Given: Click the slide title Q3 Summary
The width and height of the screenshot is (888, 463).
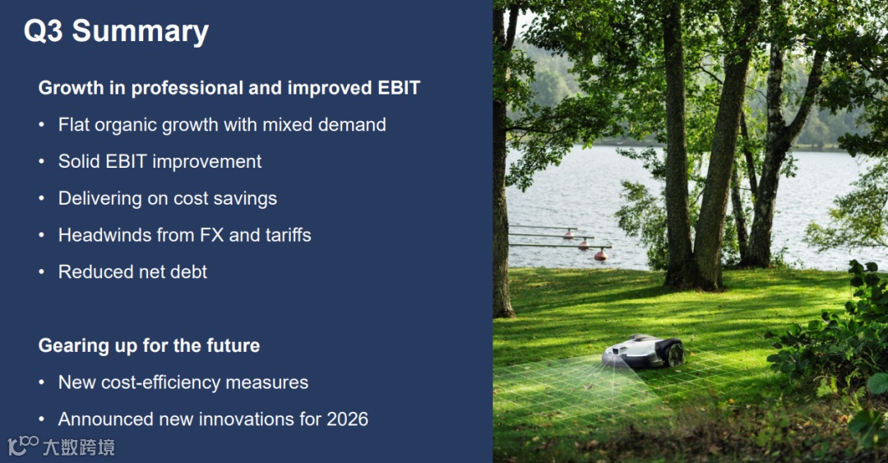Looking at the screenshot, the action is tap(116, 32).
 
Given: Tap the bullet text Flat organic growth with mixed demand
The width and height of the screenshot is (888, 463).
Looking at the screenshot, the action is tap(222, 125).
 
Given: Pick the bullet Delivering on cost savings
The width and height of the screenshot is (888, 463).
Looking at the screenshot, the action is tap(168, 199).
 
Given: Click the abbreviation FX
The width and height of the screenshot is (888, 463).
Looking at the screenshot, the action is tap(212, 235).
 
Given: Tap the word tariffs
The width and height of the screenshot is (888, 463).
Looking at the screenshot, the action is tap(288, 235).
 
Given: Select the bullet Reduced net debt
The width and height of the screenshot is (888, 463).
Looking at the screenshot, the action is tap(132, 272).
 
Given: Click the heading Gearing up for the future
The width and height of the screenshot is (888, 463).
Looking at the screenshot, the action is tap(149, 345).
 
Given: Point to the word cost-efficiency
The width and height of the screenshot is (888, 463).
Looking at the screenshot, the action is tap(161, 382).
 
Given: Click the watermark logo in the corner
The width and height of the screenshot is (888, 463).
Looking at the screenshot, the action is tap(62, 447).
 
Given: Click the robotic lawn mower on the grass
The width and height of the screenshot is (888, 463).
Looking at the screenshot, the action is tap(643, 351).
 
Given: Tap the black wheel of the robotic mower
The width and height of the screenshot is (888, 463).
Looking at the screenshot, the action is tap(675, 354).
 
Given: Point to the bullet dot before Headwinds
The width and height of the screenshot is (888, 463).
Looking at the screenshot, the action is tap(41, 235).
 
